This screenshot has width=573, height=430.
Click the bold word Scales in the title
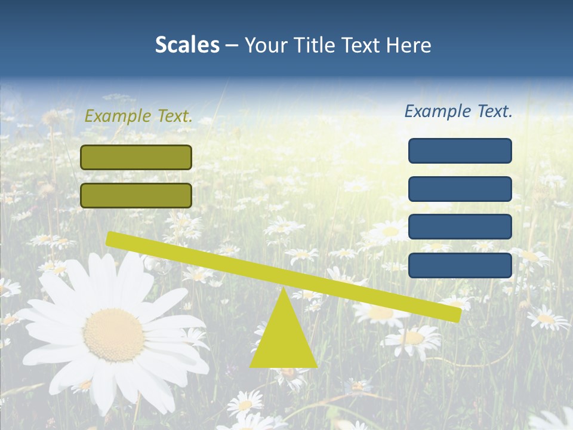tap(187, 45)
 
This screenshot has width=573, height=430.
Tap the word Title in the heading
tap(312, 45)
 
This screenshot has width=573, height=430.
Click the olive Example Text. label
tap(138, 116)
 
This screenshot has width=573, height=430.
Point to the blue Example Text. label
tap(458, 111)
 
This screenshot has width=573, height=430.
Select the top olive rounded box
tap(136, 157)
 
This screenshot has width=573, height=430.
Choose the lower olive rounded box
tap(136, 195)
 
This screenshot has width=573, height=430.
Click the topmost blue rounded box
tap(460, 150)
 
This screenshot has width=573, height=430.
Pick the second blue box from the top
tap(460, 189)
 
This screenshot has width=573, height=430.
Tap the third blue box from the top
tap(460, 227)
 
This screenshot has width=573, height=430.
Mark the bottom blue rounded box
tap(460, 265)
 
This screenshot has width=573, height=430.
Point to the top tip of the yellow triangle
tap(284, 290)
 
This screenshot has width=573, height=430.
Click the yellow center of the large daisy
tap(113, 334)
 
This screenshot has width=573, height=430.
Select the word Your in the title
tap(265, 45)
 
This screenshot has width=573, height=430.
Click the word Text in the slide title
tap(361, 45)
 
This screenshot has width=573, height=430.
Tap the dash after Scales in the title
tap(232, 45)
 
